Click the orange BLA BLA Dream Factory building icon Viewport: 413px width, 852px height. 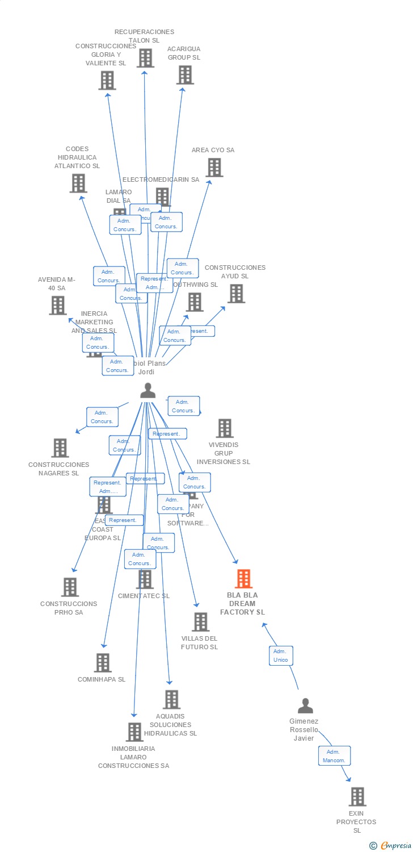pyautogui.click(x=243, y=579)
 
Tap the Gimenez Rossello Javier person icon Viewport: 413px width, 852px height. pyautogui.click(x=305, y=706)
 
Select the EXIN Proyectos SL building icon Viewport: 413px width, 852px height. pyautogui.click(x=357, y=797)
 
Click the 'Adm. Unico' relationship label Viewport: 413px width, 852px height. pyautogui.click(x=281, y=655)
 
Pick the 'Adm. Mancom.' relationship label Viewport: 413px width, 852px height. pyautogui.click(x=334, y=756)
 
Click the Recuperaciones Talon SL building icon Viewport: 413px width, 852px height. pyautogui.click(x=145, y=58)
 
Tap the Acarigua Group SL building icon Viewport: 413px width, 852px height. pyautogui.click(x=184, y=75)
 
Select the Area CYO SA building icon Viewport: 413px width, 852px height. pyautogui.click(x=214, y=168)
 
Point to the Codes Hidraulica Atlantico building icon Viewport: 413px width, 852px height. pyautogui.click(x=78, y=183)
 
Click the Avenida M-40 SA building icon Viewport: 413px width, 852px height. pyautogui.click(x=57, y=306)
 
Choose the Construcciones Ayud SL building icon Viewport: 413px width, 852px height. pyautogui.click(x=236, y=294)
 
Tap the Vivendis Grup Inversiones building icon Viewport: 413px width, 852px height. pyautogui.click(x=225, y=428)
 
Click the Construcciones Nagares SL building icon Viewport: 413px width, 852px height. pyautogui.click(x=60, y=448)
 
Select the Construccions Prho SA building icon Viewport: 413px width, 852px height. pyautogui.click(x=70, y=587)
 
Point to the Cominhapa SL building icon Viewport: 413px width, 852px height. pyautogui.click(x=103, y=663)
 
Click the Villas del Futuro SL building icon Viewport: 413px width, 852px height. pyautogui.click(x=200, y=622)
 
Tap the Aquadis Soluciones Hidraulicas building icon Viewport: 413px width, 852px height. pyautogui.click(x=171, y=700)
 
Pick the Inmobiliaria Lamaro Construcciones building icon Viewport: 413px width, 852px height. pyautogui.click(x=134, y=732)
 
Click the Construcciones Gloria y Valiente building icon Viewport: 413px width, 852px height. pyautogui.click(x=107, y=81)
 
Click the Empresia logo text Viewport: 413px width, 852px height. pyautogui.click(x=395, y=846)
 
